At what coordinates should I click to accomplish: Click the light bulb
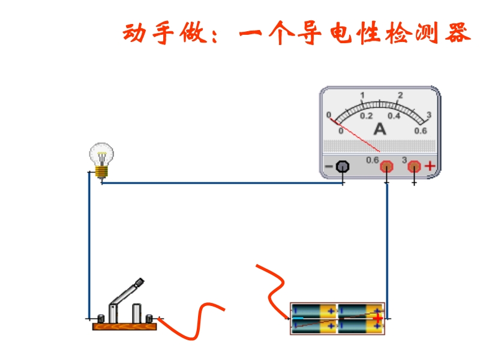coord(102,157)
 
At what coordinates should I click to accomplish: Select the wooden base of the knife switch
coord(124,326)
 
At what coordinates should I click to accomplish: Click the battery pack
coord(337,318)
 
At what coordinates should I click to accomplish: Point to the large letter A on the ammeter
coord(380,129)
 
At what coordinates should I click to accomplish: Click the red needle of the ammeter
coord(357,134)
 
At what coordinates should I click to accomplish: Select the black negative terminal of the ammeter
coord(343,166)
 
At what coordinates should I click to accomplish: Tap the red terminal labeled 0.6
coord(387,166)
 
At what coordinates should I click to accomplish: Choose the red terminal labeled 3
coord(414,166)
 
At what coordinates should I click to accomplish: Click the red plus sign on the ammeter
coord(430,166)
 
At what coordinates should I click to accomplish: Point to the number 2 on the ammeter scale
coord(400,95)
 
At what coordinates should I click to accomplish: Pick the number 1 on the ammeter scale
coord(362,95)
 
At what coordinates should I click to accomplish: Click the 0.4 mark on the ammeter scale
coord(394,116)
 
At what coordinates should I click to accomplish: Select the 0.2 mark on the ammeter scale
coord(366,116)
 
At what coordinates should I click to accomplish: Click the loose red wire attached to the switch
coord(192,324)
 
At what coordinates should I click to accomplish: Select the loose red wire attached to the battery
coord(273,288)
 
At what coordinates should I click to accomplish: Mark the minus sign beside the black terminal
coord(328,166)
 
